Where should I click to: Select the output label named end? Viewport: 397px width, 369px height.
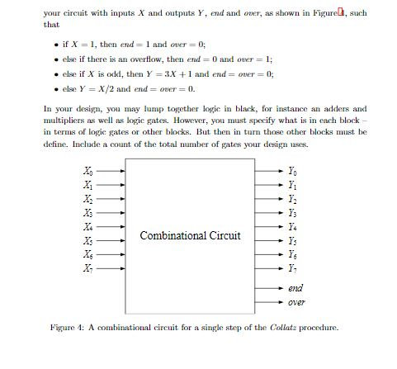pos(295,287)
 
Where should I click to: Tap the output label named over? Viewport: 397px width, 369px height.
pos(296,302)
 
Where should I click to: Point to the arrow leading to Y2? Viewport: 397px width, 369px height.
pos(268,199)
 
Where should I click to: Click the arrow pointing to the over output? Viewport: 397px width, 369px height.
pos(268,302)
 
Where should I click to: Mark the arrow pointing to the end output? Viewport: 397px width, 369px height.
pos(268,287)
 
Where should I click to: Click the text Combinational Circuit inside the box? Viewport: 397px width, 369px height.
pos(191,236)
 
